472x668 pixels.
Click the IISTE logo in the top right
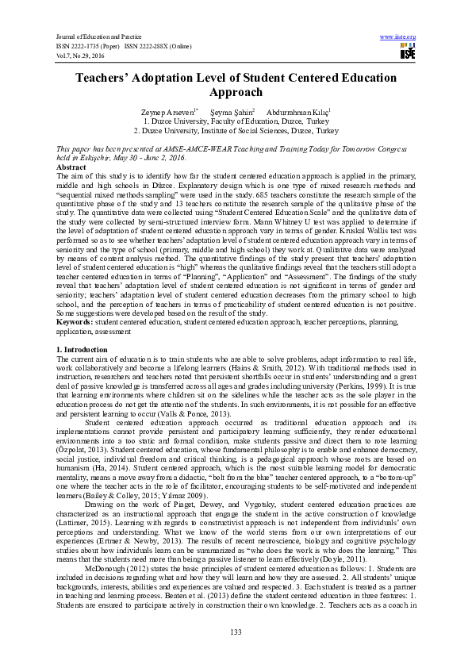click(408, 52)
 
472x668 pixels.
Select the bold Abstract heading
click(72, 168)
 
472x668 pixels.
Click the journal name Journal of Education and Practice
click(99, 36)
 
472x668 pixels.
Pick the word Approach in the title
click(235, 92)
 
